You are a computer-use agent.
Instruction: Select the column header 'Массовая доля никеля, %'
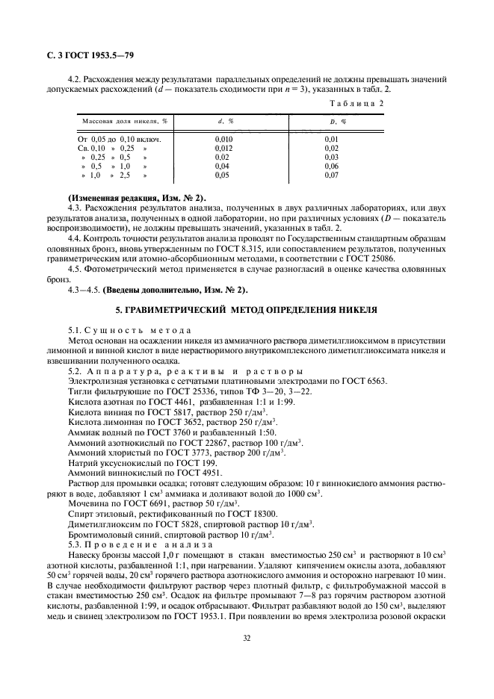125,121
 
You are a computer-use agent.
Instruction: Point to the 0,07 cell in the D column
333,175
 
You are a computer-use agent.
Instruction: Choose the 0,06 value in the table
333,167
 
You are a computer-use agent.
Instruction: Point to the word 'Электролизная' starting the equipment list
92,380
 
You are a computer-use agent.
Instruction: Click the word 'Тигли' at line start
79,391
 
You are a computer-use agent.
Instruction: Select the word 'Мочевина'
88,504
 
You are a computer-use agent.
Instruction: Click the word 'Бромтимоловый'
99,535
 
